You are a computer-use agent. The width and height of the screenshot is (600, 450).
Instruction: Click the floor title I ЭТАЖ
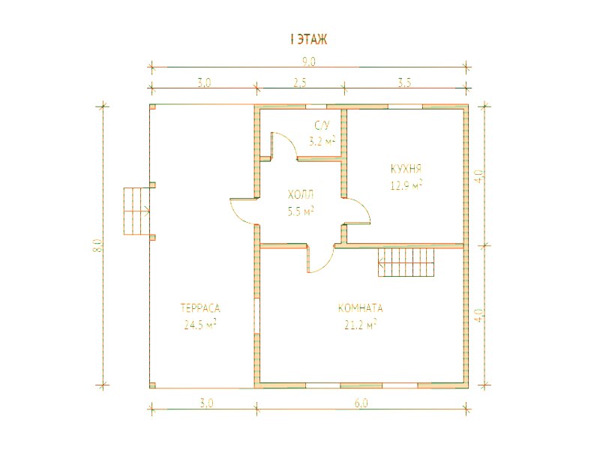point(309,40)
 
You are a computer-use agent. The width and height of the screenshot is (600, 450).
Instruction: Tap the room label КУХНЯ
point(406,169)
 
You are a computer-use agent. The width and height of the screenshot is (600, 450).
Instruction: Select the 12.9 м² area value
point(406,185)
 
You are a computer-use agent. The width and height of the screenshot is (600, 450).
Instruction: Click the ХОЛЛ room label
point(301,195)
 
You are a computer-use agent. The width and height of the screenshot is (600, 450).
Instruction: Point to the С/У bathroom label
point(322,124)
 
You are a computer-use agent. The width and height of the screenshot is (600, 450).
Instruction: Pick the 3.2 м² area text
point(322,141)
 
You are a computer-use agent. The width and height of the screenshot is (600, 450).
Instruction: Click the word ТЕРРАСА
point(200,308)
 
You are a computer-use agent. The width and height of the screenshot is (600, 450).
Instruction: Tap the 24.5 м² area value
point(200,325)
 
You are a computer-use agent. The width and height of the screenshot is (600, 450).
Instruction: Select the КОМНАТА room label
point(360,308)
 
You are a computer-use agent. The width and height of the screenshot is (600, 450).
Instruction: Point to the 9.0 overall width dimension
point(309,61)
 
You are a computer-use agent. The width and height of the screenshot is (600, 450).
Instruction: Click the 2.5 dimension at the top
point(300,82)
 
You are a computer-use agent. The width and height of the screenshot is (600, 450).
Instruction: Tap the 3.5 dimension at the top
point(405,82)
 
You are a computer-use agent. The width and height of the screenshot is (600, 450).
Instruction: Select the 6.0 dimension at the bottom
point(361,403)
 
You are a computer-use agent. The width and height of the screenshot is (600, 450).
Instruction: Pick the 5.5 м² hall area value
point(301,211)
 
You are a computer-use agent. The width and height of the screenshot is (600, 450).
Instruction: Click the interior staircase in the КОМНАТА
point(406,262)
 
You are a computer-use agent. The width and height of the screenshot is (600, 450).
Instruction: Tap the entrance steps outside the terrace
point(136,211)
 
